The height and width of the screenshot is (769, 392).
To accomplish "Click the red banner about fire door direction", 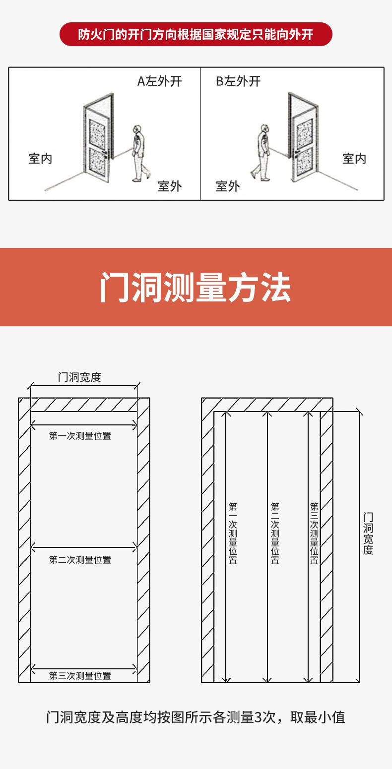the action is click(x=196, y=34).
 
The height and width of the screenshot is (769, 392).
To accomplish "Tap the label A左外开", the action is click(x=159, y=81).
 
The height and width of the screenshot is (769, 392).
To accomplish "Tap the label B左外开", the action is click(x=238, y=81).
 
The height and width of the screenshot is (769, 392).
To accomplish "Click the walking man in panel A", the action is click(x=139, y=152).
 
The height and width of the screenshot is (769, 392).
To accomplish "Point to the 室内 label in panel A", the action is click(x=40, y=159).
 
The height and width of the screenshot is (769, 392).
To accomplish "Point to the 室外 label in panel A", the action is click(x=170, y=186).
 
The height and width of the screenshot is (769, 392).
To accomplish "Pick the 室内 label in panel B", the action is click(x=354, y=159).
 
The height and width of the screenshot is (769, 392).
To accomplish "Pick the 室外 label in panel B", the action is click(x=228, y=186).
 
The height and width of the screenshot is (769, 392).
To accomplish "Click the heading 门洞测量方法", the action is click(x=196, y=287).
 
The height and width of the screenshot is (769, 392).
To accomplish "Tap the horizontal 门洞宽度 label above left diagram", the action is click(x=79, y=377).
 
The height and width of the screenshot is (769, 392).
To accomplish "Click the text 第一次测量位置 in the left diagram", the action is click(x=80, y=436).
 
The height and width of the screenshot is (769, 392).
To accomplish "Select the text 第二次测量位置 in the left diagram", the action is click(x=80, y=560).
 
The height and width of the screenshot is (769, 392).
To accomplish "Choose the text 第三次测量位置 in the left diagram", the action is click(x=80, y=676).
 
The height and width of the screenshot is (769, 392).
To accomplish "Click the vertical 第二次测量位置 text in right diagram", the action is click(x=275, y=533).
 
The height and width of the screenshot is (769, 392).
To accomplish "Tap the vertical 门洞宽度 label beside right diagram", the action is click(x=368, y=533).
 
